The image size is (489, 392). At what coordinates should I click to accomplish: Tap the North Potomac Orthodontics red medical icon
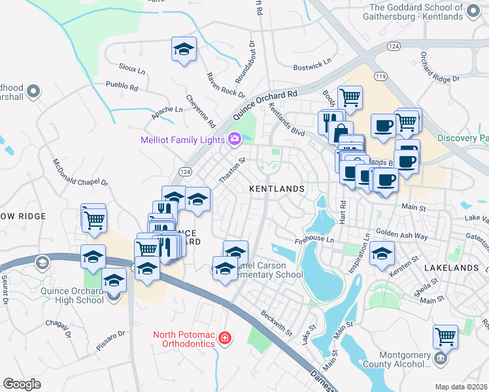[x=225, y=338]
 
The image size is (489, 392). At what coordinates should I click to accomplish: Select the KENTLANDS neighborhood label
[x=277, y=189]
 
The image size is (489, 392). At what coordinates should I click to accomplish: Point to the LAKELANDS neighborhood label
[x=450, y=268]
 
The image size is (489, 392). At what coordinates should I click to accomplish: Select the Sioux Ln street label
[x=132, y=68]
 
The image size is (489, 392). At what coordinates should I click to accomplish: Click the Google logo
[x=22, y=384]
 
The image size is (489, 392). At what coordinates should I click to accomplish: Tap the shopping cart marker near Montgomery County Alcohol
[x=445, y=337]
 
